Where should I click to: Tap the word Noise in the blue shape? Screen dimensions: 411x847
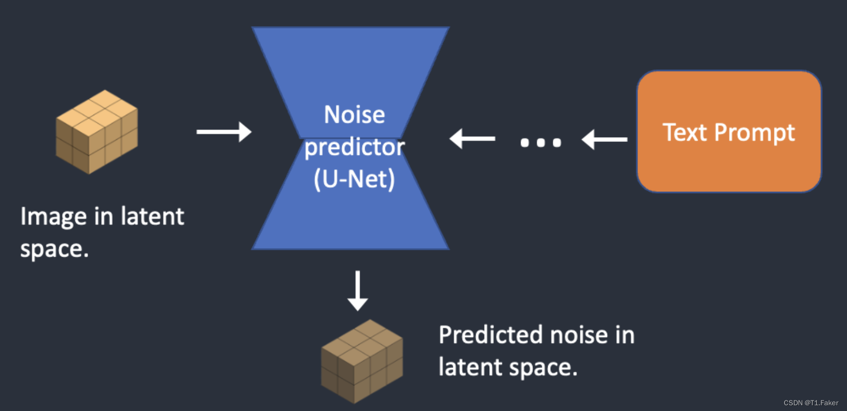[354, 115]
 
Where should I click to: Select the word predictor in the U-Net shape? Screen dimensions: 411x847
[354, 148]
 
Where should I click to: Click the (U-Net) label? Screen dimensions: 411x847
[354, 179]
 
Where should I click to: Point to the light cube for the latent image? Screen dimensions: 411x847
[97, 131]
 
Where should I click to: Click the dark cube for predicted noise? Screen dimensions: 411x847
[361, 361]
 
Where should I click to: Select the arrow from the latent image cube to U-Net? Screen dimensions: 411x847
[224, 131]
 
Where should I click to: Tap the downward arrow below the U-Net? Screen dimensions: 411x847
[357, 290]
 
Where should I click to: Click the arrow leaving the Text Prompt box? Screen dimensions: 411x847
[604, 139]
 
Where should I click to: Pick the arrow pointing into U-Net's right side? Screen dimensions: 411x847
[473, 139]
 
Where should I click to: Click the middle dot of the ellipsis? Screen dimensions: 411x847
[541, 142]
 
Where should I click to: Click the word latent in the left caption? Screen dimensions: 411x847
[152, 216]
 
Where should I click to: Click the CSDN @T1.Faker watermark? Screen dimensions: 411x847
[810, 403]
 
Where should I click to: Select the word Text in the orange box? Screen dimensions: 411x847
[685, 132]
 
